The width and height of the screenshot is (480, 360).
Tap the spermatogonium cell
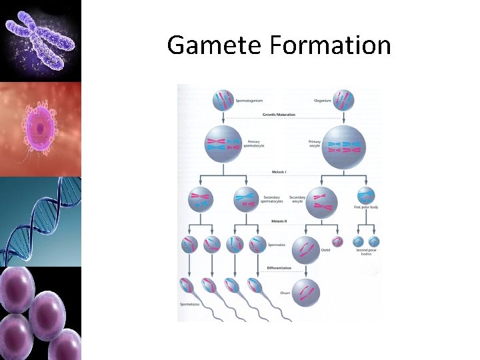tap(224, 101)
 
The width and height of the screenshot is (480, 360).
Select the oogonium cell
tap(344, 101)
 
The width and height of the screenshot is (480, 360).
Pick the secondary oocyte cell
tap(321, 201)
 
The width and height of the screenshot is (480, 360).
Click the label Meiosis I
tap(279, 172)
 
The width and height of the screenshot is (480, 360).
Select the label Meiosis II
tap(279, 221)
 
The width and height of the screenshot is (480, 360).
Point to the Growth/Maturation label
tap(281, 115)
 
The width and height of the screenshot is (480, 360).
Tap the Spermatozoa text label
tap(189, 305)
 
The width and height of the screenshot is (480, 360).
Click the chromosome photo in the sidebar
tap(40, 40)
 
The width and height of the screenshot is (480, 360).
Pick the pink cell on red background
tap(40, 128)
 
